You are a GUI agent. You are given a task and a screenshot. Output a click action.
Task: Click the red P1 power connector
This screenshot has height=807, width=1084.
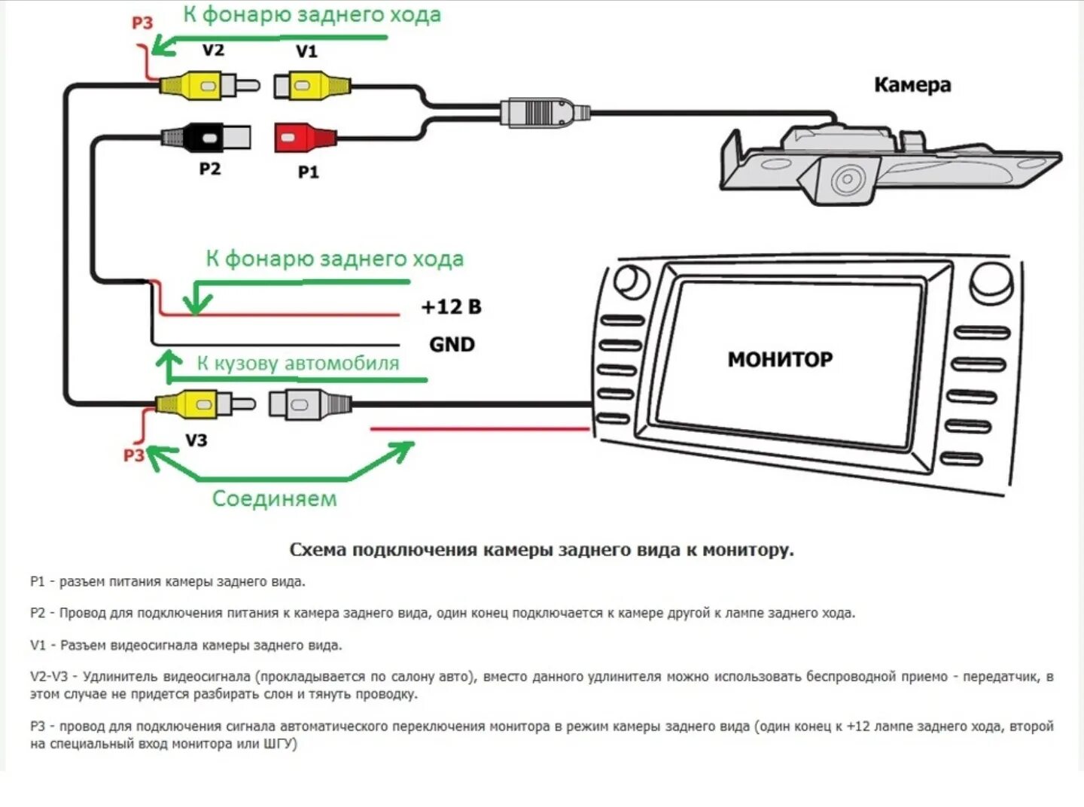pyautogui.click(x=305, y=138)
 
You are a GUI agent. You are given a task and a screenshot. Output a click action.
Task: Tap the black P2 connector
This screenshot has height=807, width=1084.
pyautogui.click(x=206, y=136)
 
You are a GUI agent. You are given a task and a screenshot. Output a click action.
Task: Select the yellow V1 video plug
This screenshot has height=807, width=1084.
pyautogui.click(x=311, y=85)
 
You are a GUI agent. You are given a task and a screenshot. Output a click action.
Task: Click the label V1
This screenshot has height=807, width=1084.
pyautogui.click(x=306, y=51)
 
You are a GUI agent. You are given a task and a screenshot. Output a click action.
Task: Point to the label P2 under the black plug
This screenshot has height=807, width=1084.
pyautogui.click(x=210, y=169)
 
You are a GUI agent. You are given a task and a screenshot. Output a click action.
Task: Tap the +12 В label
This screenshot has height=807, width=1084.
pyautogui.click(x=451, y=307)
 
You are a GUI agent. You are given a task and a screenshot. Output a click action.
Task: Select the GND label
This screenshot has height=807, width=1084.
pyautogui.click(x=452, y=345)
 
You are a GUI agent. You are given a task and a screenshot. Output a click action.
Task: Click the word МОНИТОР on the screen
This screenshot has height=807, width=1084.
pyautogui.click(x=780, y=359)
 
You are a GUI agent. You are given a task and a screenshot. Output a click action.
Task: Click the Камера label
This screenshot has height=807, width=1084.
pyautogui.click(x=912, y=84)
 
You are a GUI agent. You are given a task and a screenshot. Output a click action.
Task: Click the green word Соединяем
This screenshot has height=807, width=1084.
pyautogui.click(x=274, y=498)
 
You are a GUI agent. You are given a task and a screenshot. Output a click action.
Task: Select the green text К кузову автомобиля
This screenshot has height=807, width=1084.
pyautogui.click(x=298, y=363)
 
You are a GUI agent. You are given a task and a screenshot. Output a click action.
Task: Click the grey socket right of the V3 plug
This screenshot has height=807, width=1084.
pyautogui.click(x=309, y=404)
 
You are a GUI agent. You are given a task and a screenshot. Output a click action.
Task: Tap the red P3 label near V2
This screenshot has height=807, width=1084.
pyautogui.click(x=142, y=23)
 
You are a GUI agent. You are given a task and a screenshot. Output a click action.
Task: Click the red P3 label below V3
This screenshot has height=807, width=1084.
pyautogui.click(x=134, y=455)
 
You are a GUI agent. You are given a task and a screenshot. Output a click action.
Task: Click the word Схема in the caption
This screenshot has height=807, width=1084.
pyautogui.click(x=318, y=550)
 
